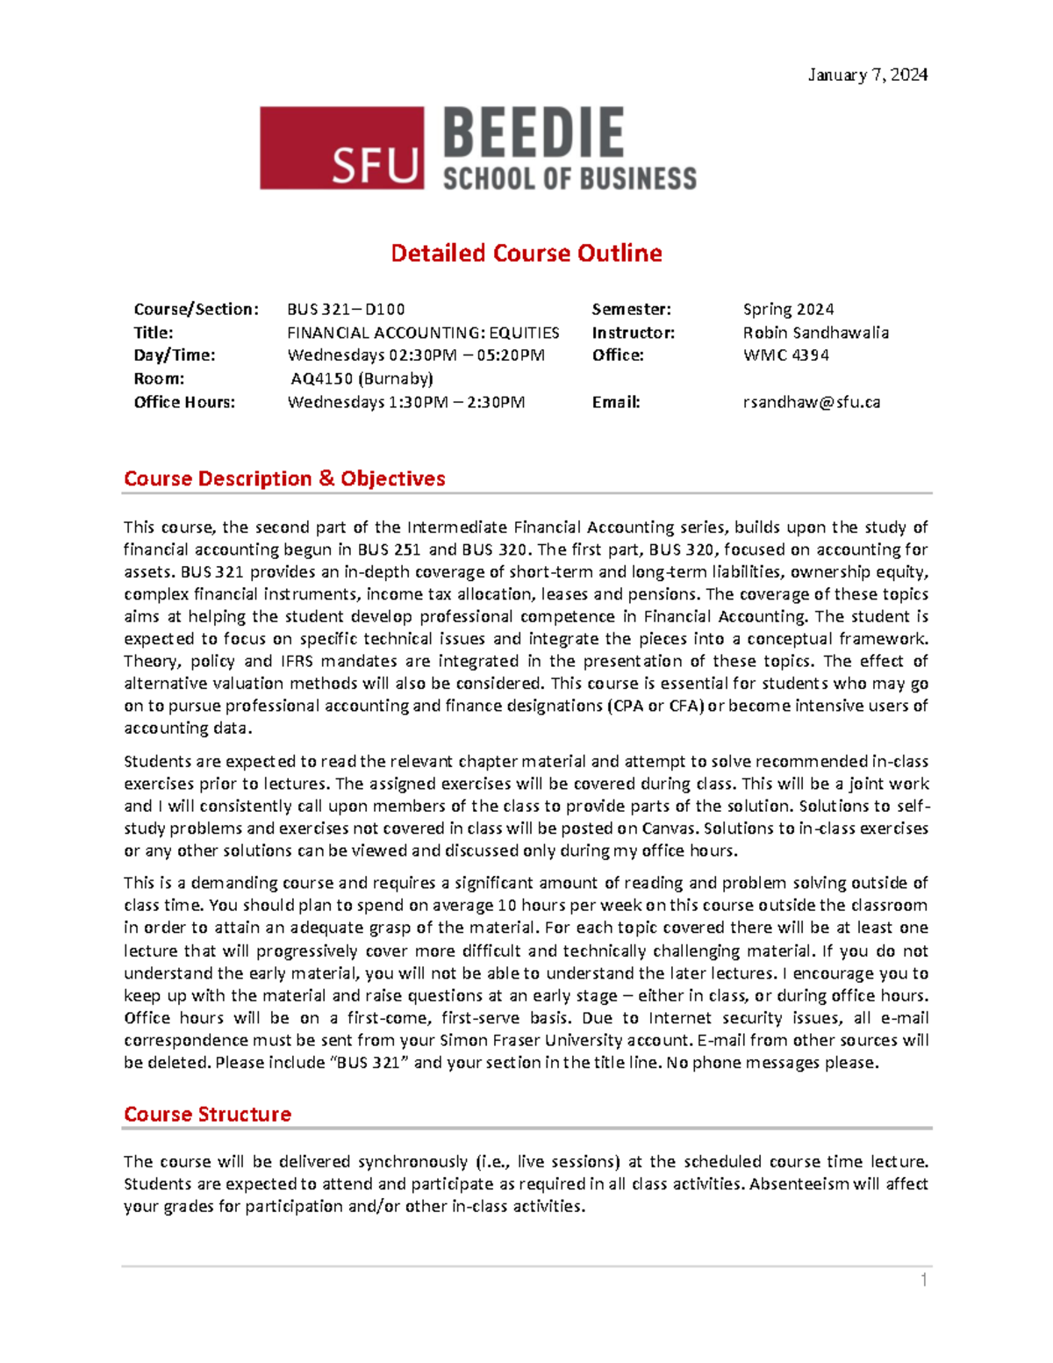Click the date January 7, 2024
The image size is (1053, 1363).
(867, 75)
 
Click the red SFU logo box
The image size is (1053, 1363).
(341, 148)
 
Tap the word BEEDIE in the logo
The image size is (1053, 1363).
(534, 133)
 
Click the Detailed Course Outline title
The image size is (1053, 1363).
(526, 254)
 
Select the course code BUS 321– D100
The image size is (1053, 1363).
(346, 309)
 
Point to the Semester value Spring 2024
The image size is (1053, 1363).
(788, 309)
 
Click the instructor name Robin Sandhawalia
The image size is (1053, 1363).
(815, 333)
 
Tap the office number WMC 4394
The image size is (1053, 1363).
(785, 355)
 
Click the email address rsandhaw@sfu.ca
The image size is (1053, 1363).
(811, 402)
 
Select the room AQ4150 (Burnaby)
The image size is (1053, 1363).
(362, 378)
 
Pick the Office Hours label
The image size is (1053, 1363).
(184, 402)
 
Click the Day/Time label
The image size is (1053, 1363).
(175, 355)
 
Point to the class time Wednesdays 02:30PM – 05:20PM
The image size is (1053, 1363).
(416, 355)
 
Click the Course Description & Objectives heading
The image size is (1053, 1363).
(284, 478)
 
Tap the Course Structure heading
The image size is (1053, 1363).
(207, 1114)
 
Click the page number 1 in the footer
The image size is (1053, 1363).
(923, 1281)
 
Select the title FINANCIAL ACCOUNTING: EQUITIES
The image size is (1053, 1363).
(423, 333)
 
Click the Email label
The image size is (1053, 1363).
(616, 402)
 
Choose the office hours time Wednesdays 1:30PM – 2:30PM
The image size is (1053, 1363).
(406, 402)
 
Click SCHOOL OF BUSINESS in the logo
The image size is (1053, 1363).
(569, 179)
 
